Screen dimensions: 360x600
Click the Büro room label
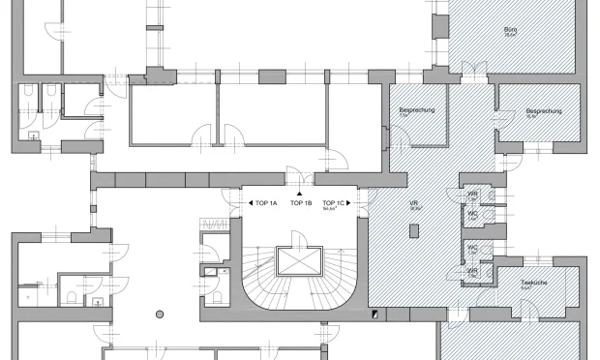point(511,30)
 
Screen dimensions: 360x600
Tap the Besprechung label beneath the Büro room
point(543,111)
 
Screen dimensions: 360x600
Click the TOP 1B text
point(301,203)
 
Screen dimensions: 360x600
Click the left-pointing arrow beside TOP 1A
point(250,203)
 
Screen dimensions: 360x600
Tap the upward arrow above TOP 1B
point(301,195)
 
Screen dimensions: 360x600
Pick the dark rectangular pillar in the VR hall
point(414,231)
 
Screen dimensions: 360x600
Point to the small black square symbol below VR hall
point(375,313)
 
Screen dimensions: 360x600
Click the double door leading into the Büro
point(468,70)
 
